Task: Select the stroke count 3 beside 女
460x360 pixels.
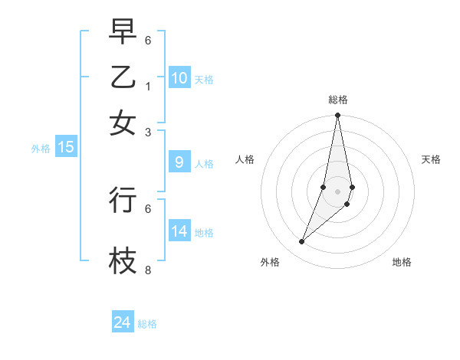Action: click(148, 133)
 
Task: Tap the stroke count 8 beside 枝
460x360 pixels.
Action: click(148, 270)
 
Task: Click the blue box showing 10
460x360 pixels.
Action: click(179, 77)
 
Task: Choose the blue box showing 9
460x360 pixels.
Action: click(179, 162)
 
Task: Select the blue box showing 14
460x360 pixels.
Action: click(179, 231)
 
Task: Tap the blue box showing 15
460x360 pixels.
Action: click(66, 147)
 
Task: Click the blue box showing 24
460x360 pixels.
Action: click(123, 322)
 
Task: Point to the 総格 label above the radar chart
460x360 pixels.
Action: click(338, 100)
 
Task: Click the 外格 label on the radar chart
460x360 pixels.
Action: click(270, 262)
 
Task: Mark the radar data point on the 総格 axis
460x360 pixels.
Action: click(338, 116)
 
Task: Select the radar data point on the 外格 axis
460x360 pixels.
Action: click(302, 242)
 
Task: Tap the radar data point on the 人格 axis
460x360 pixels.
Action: click(324, 187)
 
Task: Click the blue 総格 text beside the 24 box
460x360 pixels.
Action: click(147, 324)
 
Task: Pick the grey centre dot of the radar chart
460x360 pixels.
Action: click(338, 191)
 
